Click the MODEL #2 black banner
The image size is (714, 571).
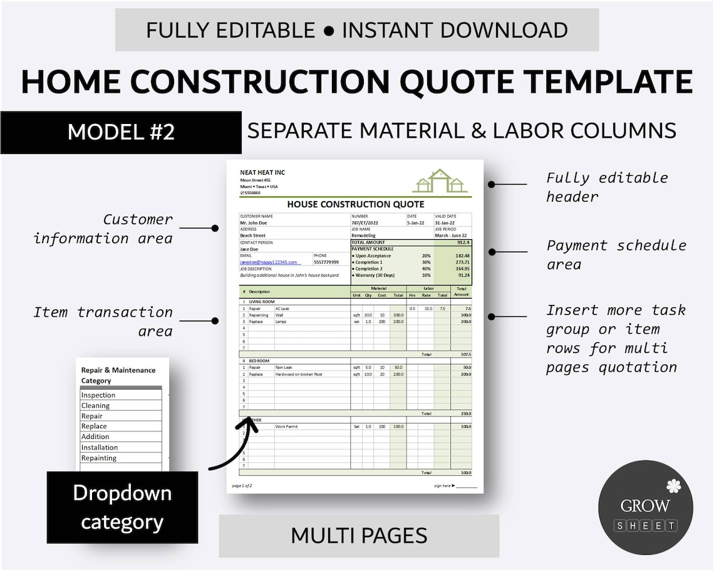tap(121, 132)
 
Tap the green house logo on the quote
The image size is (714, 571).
tap(440, 181)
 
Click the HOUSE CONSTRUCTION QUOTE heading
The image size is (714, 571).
tap(355, 204)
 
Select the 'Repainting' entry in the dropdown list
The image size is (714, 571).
tap(99, 458)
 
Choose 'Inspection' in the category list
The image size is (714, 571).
tap(98, 395)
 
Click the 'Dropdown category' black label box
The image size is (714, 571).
tap(122, 507)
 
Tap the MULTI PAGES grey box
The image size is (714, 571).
tap(359, 535)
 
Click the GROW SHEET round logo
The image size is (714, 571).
tap(645, 507)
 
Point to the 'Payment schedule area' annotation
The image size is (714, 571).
tap(616, 255)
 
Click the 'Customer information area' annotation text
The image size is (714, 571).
tap(103, 229)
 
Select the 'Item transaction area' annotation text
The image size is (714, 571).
tap(103, 321)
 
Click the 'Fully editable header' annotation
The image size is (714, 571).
tap(607, 187)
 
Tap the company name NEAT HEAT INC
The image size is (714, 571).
tap(262, 173)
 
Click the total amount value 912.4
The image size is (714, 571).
tap(463, 242)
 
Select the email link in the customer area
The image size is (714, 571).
tap(269, 262)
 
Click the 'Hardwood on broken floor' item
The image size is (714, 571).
tap(299, 374)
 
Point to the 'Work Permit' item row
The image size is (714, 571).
tap(287, 426)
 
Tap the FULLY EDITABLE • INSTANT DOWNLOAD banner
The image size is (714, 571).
tap(357, 29)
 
